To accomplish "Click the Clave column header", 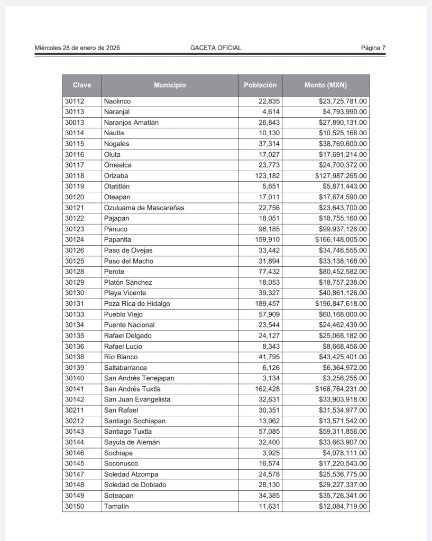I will pyautogui.click(x=82, y=85).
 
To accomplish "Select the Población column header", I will pyautogui.click(x=260, y=85).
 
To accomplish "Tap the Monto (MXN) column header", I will pyautogui.click(x=326, y=85).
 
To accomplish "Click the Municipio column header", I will pyautogui.click(x=170, y=85).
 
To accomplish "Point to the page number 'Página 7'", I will pyautogui.click(x=373, y=48).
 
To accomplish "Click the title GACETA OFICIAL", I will pyautogui.click(x=216, y=48).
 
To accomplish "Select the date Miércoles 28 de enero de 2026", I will pyautogui.click(x=77, y=48).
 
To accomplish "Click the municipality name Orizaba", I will pyautogui.click(x=116, y=175).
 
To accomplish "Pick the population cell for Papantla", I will pyautogui.click(x=268, y=239).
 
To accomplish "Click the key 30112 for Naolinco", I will pyautogui.click(x=75, y=101).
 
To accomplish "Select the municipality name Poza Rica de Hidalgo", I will pyautogui.click(x=137, y=304).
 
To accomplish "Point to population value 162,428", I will pyautogui.click(x=268, y=389).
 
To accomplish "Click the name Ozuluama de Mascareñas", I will pyautogui.click(x=144, y=208).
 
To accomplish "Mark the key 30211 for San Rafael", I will pyautogui.click(x=75, y=410).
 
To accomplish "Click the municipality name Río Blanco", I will pyautogui.click(x=121, y=357).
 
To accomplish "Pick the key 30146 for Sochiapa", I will pyautogui.click(x=75, y=453).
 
